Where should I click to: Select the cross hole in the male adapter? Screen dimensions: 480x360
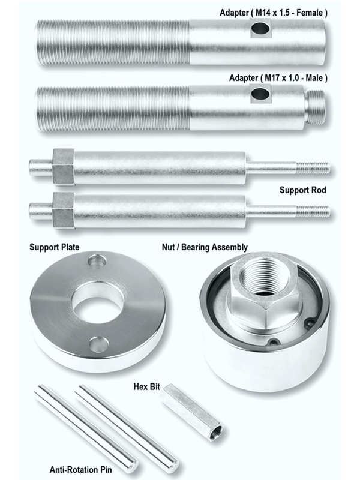tap(260, 93)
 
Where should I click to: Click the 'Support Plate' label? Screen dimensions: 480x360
tap(55, 247)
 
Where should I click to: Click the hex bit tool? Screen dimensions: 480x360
tap(193, 413)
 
